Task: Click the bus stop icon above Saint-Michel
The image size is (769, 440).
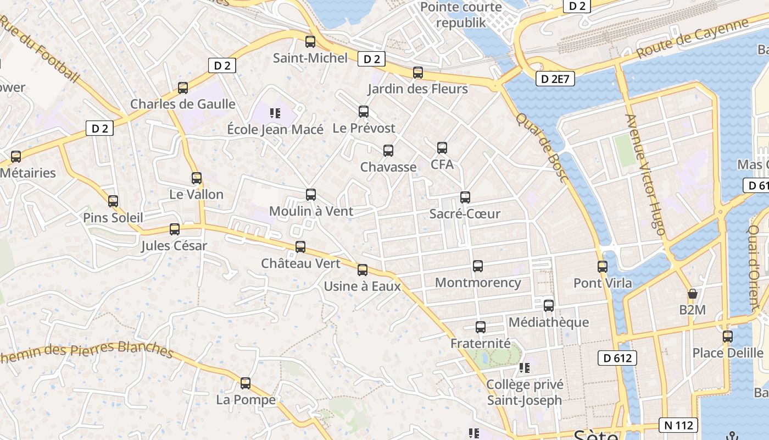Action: click(310, 42)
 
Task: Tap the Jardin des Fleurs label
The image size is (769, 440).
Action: click(417, 89)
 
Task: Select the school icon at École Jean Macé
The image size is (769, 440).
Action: click(275, 114)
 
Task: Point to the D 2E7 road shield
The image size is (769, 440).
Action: click(555, 79)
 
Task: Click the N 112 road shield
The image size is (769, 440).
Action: click(678, 425)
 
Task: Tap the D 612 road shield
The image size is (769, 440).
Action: click(617, 358)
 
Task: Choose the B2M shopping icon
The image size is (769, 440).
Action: click(693, 294)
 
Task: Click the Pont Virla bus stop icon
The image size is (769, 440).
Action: click(603, 267)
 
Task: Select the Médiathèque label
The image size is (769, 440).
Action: click(549, 322)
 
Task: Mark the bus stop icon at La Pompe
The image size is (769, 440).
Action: click(246, 383)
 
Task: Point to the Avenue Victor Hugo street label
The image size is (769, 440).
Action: click(646, 174)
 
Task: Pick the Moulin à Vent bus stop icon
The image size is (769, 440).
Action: click(311, 195)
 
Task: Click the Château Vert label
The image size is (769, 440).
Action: click(300, 263)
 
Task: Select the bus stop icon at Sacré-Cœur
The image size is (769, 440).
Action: click(465, 197)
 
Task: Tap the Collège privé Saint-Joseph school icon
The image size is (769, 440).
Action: click(525, 367)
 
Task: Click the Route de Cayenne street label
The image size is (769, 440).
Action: click(693, 38)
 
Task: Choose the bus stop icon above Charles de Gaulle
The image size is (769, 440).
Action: click(183, 88)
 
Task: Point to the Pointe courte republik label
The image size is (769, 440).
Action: click(461, 15)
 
